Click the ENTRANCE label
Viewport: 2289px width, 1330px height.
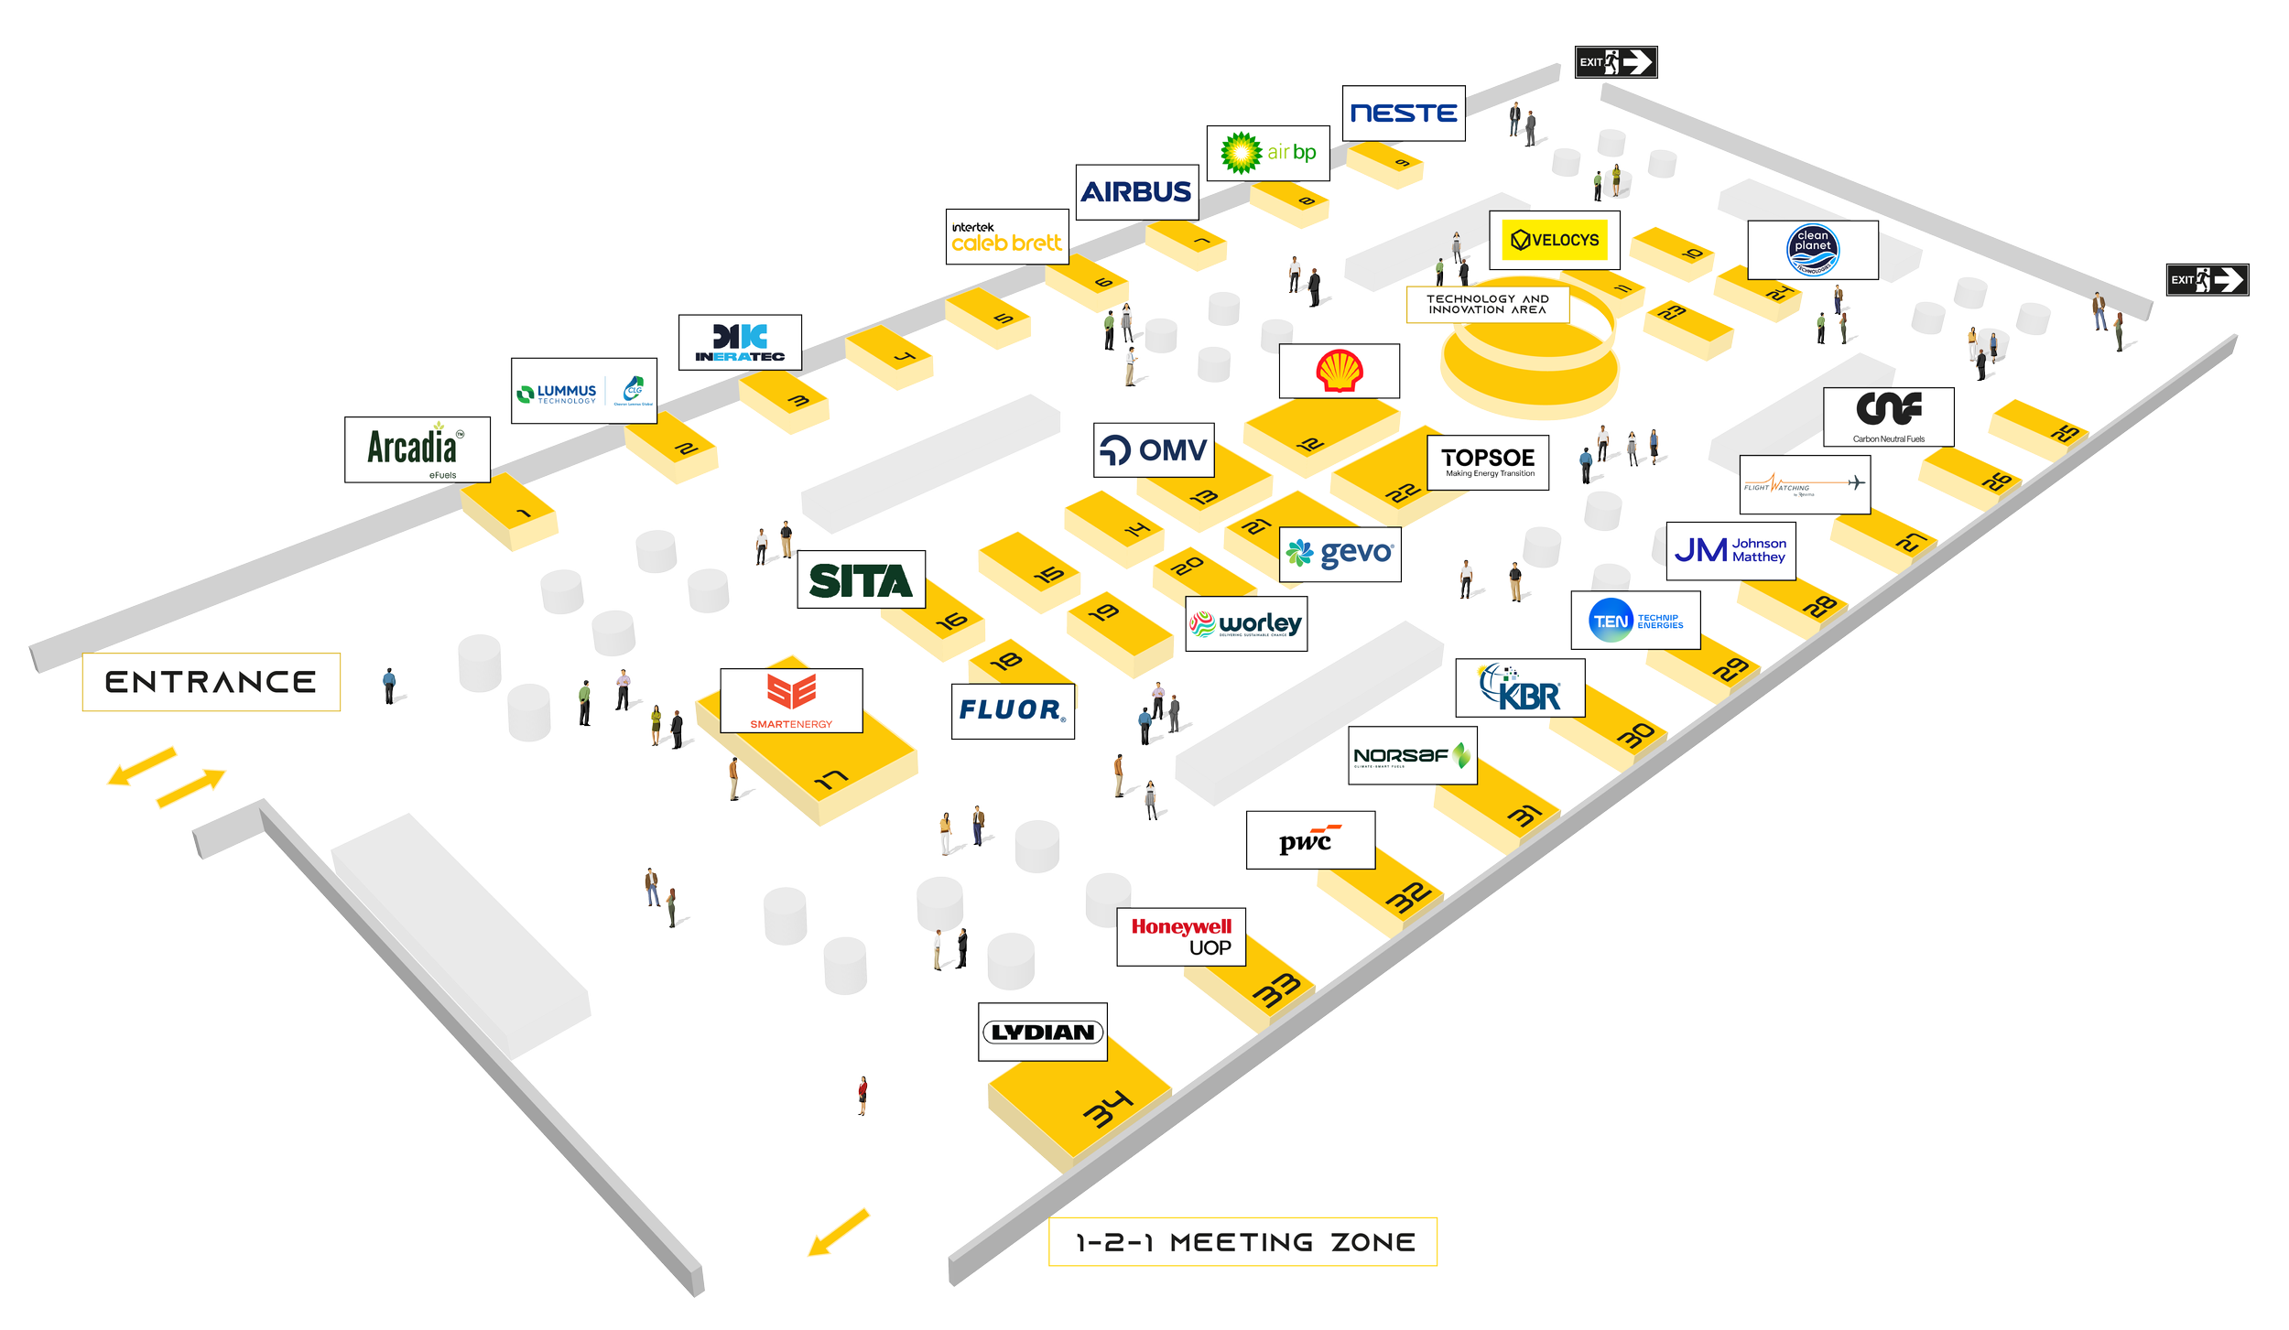[211, 682]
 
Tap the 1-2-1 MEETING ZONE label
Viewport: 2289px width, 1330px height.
[1242, 1242]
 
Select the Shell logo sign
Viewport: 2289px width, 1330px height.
[1339, 371]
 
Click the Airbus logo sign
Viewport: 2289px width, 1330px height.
[1136, 192]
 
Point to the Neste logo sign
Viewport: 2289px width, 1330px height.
[1403, 114]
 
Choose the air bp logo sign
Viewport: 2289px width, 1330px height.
[1267, 153]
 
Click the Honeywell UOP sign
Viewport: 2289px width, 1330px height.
[1180, 936]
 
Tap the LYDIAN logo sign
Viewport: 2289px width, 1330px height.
[1042, 1032]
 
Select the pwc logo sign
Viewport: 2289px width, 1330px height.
[1309, 839]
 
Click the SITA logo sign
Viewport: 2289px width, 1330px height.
[861, 579]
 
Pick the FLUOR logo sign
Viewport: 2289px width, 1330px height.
[1012, 710]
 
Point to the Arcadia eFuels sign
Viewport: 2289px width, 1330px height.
[417, 449]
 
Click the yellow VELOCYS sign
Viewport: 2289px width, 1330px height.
[1554, 240]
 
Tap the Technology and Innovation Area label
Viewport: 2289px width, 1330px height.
[1487, 304]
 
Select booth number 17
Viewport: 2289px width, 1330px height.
[830, 779]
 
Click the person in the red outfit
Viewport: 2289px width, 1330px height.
[862, 1095]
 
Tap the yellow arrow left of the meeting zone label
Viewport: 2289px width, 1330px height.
[838, 1232]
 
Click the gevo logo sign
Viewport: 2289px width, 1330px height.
[1339, 554]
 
